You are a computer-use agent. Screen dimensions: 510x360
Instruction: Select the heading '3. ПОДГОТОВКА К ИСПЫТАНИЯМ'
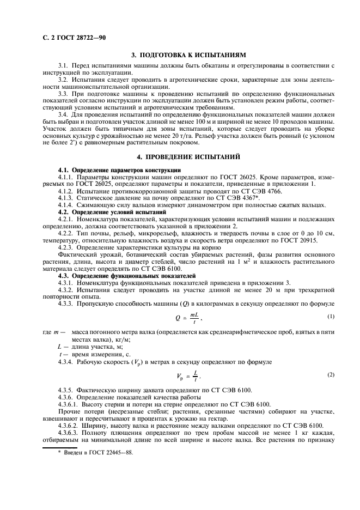click(x=189, y=55)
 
